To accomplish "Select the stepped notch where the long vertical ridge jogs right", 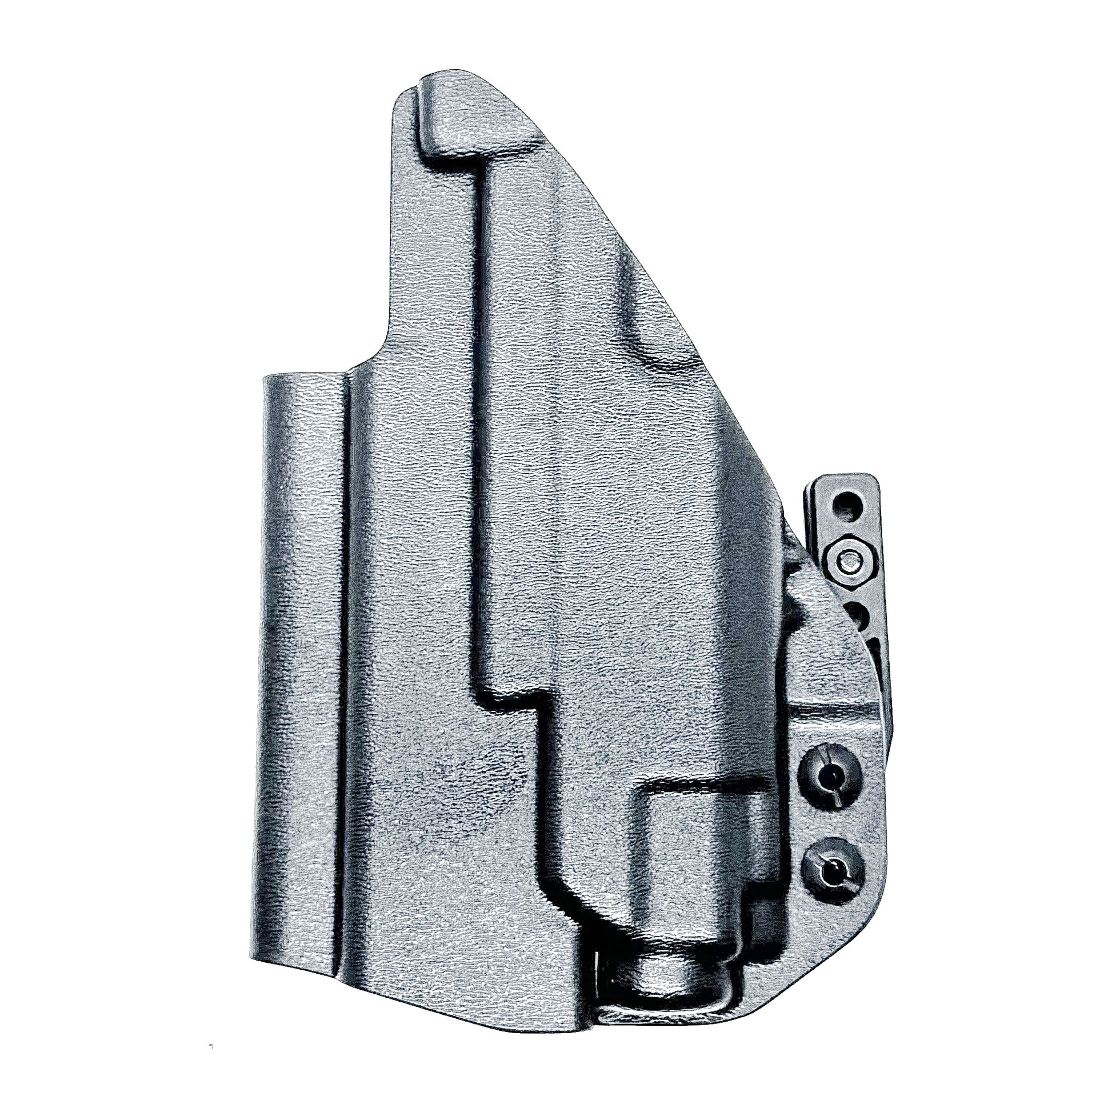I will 512,699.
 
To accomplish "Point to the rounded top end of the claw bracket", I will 846,481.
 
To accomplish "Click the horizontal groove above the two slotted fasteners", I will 835,714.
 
